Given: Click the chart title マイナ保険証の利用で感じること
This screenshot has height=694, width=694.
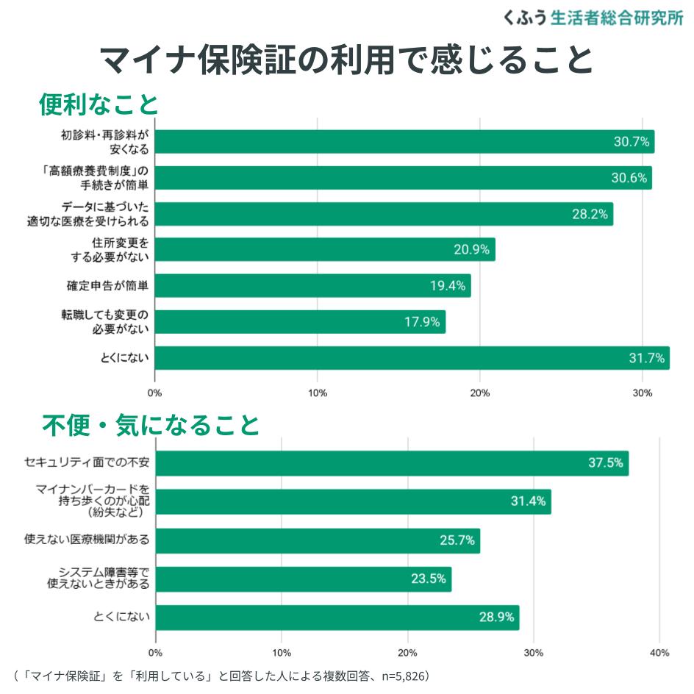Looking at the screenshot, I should (346, 60).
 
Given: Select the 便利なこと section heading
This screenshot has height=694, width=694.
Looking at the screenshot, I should (99, 104).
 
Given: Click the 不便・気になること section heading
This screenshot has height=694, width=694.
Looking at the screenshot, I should (150, 424).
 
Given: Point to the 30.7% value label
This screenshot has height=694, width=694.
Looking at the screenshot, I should (632, 142).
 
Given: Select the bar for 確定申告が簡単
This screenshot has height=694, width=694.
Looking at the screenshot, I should (312, 286).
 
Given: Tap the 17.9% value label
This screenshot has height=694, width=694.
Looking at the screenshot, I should (422, 322).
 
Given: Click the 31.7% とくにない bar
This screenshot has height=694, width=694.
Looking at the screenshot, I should (412, 358).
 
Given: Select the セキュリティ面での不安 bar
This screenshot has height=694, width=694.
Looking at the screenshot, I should (392, 463).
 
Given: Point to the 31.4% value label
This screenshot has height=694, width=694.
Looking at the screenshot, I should (528, 501).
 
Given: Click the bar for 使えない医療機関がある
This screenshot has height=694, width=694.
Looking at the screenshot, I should (318, 540).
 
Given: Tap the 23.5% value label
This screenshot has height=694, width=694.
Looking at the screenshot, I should (428, 579).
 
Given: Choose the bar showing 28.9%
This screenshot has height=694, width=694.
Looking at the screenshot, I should (337, 618).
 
